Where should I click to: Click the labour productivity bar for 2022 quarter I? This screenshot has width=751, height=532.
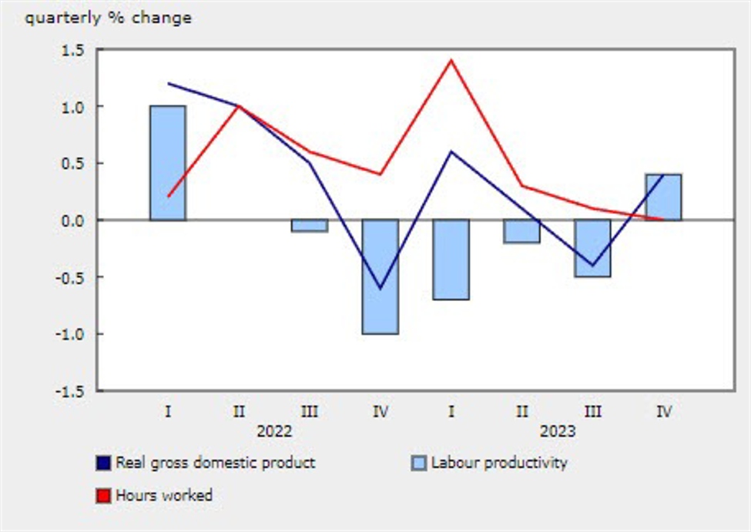pyautogui.click(x=167, y=162)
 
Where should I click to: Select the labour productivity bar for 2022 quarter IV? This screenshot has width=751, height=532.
pyautogui.click(x=381, y=276)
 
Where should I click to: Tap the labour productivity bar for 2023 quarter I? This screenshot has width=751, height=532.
pyautogui.click(x=451, y=259)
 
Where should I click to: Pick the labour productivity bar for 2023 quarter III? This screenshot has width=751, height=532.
pyautogui.click(x=592, y=248)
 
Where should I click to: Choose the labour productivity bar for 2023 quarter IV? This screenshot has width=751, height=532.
pyautogui.click(x=663, y=197)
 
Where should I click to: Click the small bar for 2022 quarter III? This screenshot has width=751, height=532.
pyautogui.click(x=310, y=226)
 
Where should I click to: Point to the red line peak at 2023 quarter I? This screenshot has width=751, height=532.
pyautogui.click(x=451, y=60)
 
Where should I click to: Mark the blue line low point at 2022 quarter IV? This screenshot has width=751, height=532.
pyautogui.click(x=381, y=288)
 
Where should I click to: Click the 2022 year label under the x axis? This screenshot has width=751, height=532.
pyautogui.click(x=274, y=431)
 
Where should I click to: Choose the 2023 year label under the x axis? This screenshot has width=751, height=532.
pyautogui.click(x=557, y=431)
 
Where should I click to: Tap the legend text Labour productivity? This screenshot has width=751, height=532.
pyautogui.click(x=498, y=463)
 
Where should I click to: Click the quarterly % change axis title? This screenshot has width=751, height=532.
pyautogui.click(x=108, y=18)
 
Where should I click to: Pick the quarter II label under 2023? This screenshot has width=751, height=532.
pyautogui.click(x=522, y=412)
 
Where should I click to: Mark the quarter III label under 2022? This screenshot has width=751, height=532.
pyautogui.click(x=310, y=412)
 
